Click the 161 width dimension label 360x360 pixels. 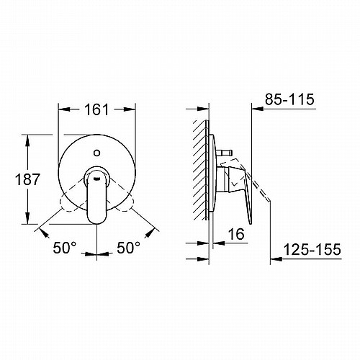tap(96, 110)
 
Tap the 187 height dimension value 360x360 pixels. tap(27, 179)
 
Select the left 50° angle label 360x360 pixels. tap(65, 248)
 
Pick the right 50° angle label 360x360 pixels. tap(128, 248)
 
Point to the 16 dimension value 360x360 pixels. tap(236, 234)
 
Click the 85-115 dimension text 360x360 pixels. tap(289, 99)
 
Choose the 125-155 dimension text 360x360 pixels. tap(312, 249)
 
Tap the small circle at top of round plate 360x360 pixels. tap(96, 153)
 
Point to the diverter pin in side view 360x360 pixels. tap(224, 153)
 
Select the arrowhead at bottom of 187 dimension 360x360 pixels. tap(27, 218)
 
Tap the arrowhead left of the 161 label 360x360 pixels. tap(65, 109)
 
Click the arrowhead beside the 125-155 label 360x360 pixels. tap(276, 259)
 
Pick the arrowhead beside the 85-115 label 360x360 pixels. tap(258, 109)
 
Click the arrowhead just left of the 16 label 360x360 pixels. tap(219, 243)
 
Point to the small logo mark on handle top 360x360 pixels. tap(97, 179)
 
